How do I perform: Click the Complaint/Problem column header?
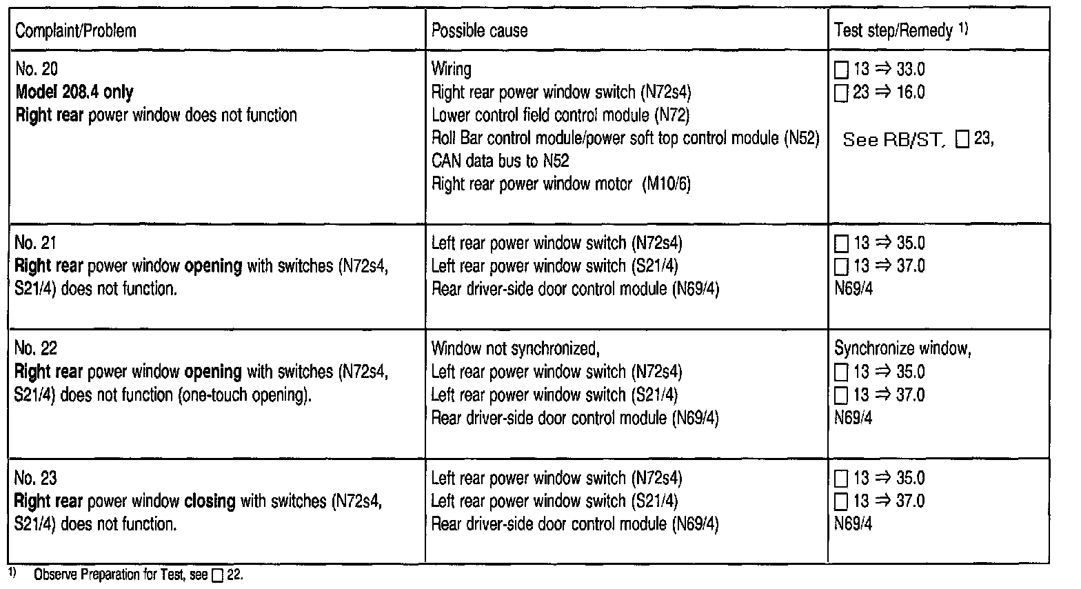[76, 31]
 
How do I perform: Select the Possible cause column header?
[479, 31]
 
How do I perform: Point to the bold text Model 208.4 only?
[74, 92]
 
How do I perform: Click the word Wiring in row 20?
[452, 69]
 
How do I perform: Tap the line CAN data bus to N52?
[500, 161]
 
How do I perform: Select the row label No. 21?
[36, 243]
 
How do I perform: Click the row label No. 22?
[36, 348]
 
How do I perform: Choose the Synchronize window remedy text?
[902, 348]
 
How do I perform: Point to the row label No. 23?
[36, 478]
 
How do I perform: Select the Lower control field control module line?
[560, 115]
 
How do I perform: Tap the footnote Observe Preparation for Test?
[121, 575]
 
